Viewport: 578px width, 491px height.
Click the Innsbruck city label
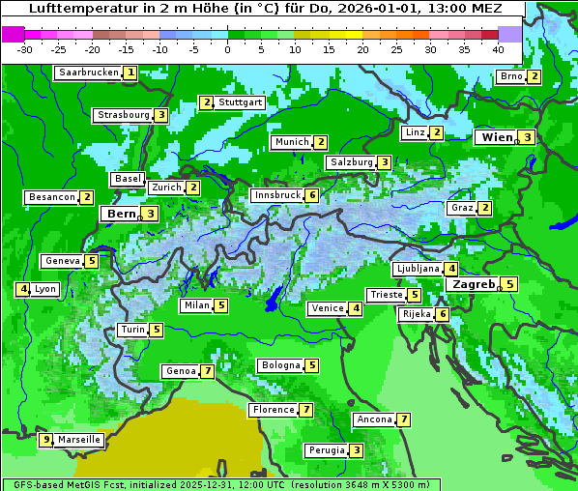click(276, 195)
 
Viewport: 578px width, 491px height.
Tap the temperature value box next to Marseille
click(44, 440)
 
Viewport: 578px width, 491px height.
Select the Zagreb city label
click(473, 284)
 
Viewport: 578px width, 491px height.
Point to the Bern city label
click(121, 214)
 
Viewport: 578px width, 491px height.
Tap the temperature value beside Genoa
click(207, 371)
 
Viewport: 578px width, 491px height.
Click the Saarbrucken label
click(88, 72)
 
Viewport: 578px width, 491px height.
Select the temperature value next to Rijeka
click(442, 314)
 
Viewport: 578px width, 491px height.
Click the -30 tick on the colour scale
click(25, 49)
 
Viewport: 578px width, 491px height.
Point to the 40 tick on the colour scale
click(498, 49)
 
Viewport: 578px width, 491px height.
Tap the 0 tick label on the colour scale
click(227, 49)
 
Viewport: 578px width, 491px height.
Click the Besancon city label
click(52, 197)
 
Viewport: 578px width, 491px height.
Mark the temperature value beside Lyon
click(22, 289)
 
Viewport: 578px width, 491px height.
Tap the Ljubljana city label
click(418, 269)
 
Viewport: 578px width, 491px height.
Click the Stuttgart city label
click(241, 102)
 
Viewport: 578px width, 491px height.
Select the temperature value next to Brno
click(534, 77)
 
